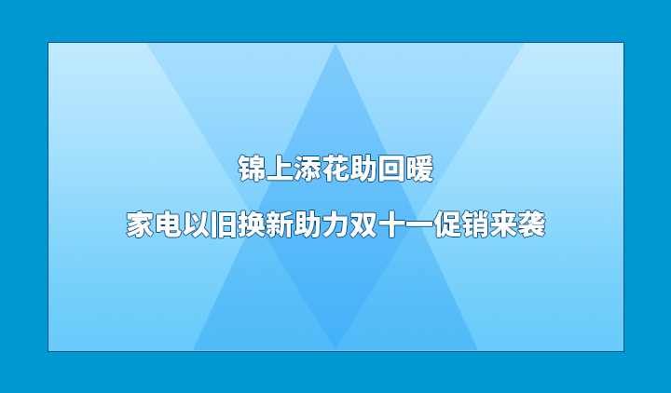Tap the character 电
pos(168,225)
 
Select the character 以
pos(196,225)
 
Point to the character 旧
pos(224,225)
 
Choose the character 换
pos(252,225)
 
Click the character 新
pos(280,225)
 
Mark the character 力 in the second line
pos(335,225)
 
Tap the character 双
pos(363,225)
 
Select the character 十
pos(391,225)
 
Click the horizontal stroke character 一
pos(419,225)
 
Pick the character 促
pos(447,225)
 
